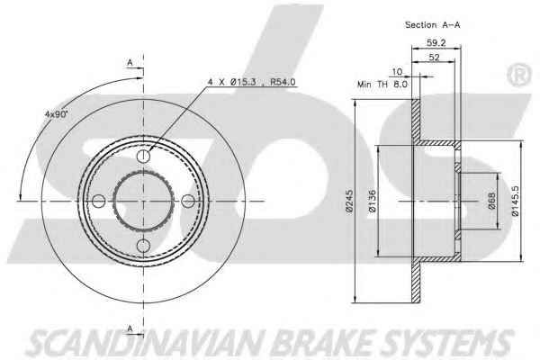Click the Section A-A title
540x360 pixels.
pyautogui.click(x=432, y=25)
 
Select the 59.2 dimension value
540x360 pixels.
pyautogui.click(x=436, y=42)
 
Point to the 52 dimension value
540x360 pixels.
pyautogui.click(x=434, y=58)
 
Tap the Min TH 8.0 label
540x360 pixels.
pyautogui.click(x=382, y=84)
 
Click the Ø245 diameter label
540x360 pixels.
pyautogui.click(x=349, y=202)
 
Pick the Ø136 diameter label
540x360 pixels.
pyautogui.click(x=373, y=202)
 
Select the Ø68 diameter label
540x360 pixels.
pyautogui.click(x=491, y=201)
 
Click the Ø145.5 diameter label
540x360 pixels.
pyautogui.click(x=515, y=201)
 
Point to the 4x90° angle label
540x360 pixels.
pyautogui.click(x=57, y=114)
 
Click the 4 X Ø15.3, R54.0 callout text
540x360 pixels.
pyautogui.click(x=251, y=82)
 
